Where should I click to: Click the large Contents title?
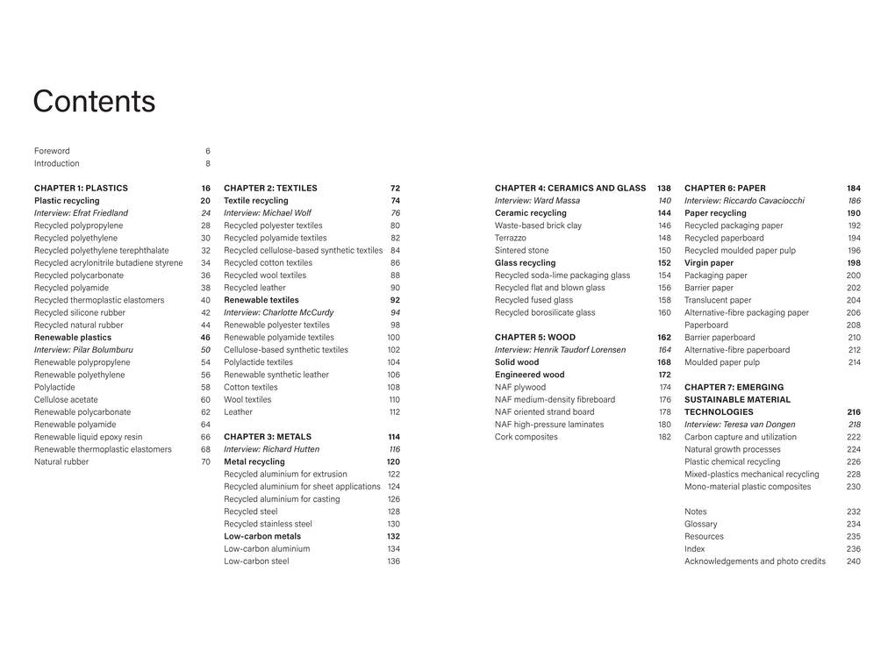(x=94, y=102)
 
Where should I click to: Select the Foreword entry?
(x=52, y=151)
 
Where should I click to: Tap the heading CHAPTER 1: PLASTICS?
(x=81, y=188)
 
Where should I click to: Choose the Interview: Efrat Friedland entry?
(x=81, y=213)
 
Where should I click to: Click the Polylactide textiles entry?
(x=258, y=362)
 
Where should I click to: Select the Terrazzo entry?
(x=511, y=238)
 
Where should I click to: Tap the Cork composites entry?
(x=526, y=437)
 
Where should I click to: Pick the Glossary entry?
(x=700, y=524)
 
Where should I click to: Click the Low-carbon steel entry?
(x=256, y=562)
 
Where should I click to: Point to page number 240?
(x=853, y=562)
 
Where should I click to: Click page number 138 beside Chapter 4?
(x=663, y=188)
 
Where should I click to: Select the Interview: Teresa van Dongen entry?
(x=740, y=425)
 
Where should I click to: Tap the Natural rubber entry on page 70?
(x=61, y=461)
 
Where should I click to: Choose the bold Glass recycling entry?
(x=525, y=262)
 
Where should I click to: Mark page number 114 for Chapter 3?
(x=393, y=437)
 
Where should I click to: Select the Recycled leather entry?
(x=254, y=288)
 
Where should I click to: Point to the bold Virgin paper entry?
(x=709, y=262)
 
